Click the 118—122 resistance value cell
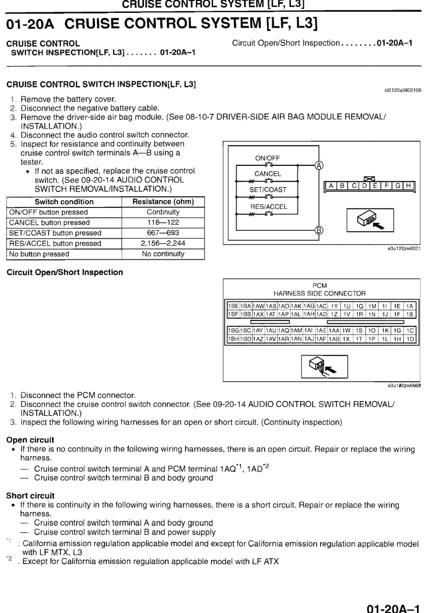(x=163, y=223)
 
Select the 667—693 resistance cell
(x=163, y=233)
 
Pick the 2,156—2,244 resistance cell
(x=163, y=243)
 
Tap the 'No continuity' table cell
(x=163, y=254)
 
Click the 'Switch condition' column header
(x=64, y=202)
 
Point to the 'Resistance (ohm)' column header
(x=163, y=202)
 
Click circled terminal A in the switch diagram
(x=319, y=165)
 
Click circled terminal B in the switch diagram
(x=319, y=230)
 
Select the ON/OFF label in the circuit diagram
(x=268, y=158)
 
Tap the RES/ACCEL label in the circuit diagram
(x=268, y=207)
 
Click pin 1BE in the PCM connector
(x=233, y=306)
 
